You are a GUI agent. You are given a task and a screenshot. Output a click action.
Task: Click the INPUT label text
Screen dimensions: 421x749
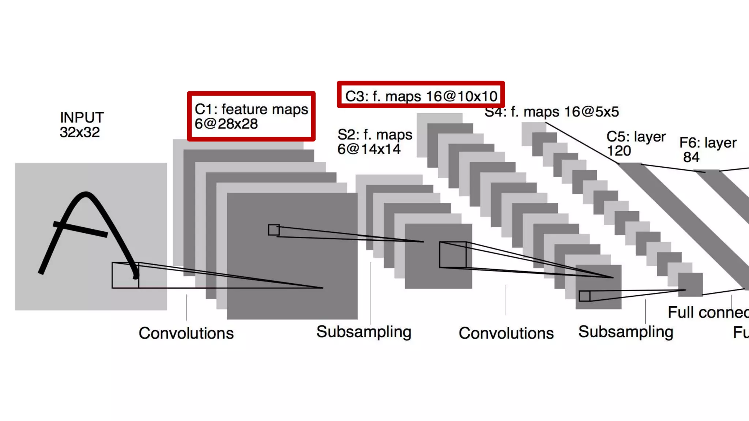pyautogui.click(x=82, y=118)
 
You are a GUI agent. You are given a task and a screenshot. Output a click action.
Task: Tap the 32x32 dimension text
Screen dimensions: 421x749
pyautogui.click(x=80, y=132)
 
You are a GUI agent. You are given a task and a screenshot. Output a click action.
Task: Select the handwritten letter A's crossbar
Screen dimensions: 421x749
pyautogui.click(x=80, y=229)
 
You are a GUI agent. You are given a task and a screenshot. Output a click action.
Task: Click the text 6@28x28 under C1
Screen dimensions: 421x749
pyautogui.click(x=226, y=124)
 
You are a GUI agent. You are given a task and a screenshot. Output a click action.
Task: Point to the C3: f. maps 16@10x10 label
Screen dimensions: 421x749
pyautogui.click(x=421, y=96)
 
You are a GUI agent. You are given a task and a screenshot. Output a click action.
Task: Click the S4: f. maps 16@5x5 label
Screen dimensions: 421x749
pyautogui.click(x=552, y=112)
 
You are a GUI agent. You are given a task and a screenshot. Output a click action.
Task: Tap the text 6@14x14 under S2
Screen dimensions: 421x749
pyautogui.click(x=369, y=149)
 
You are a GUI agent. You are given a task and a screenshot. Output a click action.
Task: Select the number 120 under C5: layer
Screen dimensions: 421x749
pyautogui.click(x=619, y=151)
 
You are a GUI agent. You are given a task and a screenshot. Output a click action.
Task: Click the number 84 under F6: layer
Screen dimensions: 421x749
pyautogui.click(x=691, y=158)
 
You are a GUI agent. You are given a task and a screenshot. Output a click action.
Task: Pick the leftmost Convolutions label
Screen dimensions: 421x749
pyautogui.click(x=186, y=333)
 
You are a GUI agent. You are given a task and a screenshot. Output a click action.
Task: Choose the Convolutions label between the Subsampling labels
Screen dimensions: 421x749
pyautogui.click(x=506, y=333)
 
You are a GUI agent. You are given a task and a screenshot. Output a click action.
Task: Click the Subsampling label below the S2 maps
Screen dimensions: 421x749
pyautogui.click(x=364, y=332)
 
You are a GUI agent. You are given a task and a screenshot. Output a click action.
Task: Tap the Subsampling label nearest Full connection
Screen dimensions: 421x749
pyautogui.click(x=626, y=332)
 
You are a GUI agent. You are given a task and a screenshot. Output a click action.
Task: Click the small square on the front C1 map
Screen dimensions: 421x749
pyautogui.click(x=274, y=230)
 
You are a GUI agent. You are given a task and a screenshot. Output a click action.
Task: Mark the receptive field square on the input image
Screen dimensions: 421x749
pyautogui.click(x=125, y=275)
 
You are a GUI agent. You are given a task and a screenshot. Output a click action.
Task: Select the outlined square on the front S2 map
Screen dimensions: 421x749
pyautogui.click(x=453, y=255)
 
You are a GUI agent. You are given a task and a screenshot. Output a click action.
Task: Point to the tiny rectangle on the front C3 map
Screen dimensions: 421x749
pyautogui.click(x=584, y=296)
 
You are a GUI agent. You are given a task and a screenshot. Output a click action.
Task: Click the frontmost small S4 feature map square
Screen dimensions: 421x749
pyautogui.click(x=690, y=284)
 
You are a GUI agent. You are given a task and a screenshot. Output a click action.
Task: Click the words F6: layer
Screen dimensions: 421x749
pyautogui.click(x=708, y=143)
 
